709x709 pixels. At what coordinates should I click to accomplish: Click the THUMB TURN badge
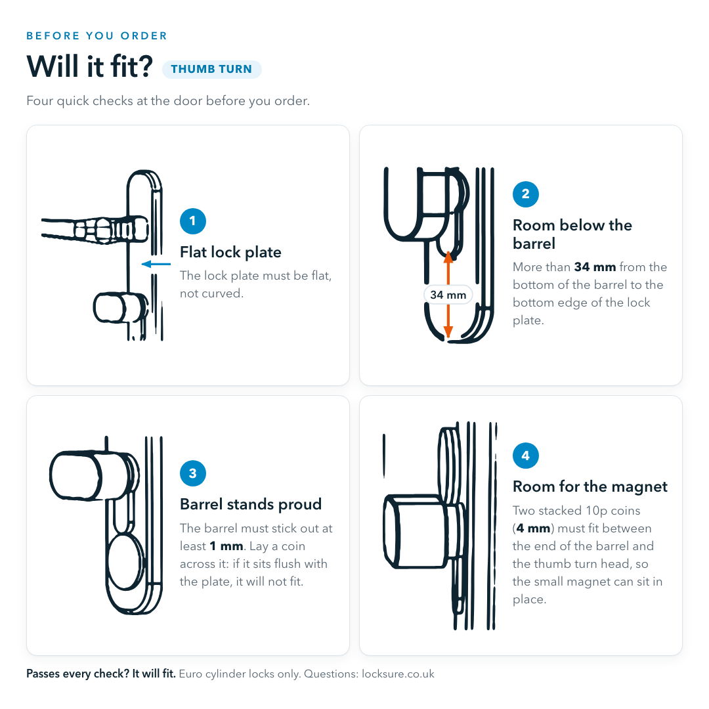click(211, 69)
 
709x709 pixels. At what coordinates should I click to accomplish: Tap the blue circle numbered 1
click(192, 221)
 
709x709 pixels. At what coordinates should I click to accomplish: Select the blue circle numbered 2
click(525, 194)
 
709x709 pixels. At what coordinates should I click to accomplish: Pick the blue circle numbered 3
click(192, 473)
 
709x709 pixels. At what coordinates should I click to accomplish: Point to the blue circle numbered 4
click(525, 456)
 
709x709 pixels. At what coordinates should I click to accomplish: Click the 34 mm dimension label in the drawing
click(448, 295)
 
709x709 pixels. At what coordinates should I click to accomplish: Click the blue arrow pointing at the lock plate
click(156, 264)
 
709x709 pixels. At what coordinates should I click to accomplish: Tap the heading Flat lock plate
click(230, 252)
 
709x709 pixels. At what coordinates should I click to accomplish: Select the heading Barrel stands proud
click(251, 504)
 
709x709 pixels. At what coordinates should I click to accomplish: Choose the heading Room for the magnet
click(590, 486)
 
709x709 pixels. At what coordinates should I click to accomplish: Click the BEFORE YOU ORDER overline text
click(97, 35)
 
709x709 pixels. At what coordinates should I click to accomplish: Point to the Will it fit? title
click(89, 66)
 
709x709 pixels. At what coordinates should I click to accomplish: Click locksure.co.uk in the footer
click(398, 674)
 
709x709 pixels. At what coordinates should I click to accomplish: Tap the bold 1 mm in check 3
click(226, 546)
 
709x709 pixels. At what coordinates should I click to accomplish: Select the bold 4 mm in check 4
click(533, 528)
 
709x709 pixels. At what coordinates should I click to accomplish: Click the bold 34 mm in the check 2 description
click(595, 267)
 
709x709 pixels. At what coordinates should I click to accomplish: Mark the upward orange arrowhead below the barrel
click(448, 257)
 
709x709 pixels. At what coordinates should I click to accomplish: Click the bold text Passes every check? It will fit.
click(101, 674)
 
